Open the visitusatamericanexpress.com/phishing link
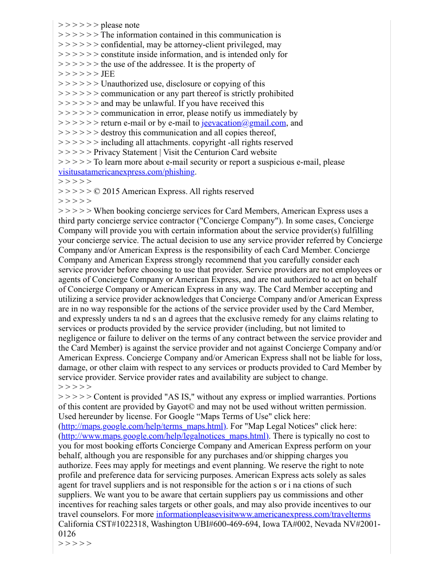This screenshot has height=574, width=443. (x=126, y=172)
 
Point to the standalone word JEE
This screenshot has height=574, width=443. (x=107, y=74)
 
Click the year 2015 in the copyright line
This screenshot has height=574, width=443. (x=111, y=191)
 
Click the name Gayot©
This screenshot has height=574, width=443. (x=193, y=407)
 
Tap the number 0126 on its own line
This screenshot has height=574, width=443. (x=67, y=534)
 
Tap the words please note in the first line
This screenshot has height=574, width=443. (x=120, y=25)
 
